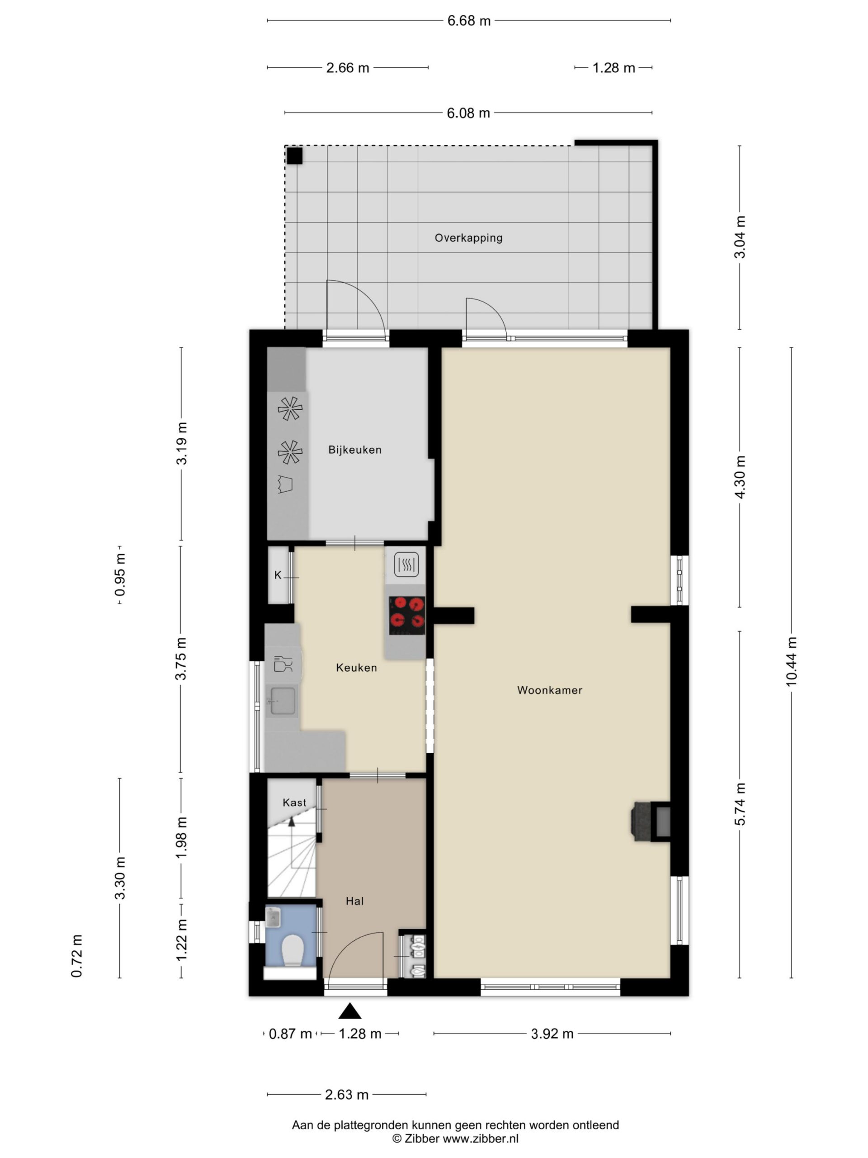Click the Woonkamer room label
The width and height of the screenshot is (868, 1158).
tap(549, 690)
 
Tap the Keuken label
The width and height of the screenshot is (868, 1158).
tap(356, 668)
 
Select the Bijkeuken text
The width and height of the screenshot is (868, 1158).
tap(355, 450)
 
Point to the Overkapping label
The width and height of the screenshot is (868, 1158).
tap(468, 237)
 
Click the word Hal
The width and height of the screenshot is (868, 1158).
tap(354, 901)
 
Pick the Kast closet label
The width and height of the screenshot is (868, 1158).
tap(294, 802)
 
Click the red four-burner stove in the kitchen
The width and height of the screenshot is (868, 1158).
tap(406, 616)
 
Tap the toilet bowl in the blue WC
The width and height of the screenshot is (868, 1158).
tap(292, 951)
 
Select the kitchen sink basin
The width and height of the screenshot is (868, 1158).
tap(283, 700)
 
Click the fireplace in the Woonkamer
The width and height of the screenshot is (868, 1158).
tap(652, 821)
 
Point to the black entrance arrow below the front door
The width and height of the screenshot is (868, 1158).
tap(349, 1011)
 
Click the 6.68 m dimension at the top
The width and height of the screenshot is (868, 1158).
tap(469, 21)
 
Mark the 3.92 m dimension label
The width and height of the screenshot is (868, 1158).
tap(552, 1034)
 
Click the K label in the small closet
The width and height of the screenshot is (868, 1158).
tap(278, 575)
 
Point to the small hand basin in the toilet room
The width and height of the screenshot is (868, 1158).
tap(273, 916)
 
